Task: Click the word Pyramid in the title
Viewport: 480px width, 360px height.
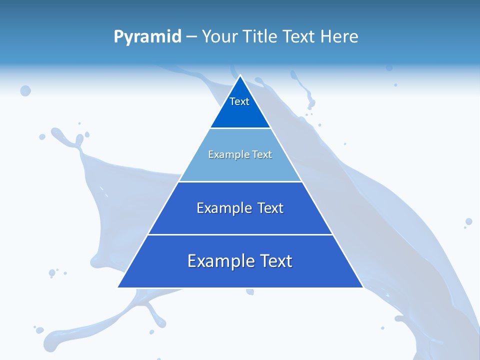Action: (x=147, y=37)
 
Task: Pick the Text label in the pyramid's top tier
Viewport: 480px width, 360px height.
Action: (x=239, y=102)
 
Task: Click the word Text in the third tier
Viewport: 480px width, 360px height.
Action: (x=270, y=208)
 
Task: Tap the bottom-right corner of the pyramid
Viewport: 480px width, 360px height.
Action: (x=362, y=287)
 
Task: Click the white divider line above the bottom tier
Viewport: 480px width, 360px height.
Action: (x=240, y=234)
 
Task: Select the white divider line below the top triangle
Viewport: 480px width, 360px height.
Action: (x=240, y=128)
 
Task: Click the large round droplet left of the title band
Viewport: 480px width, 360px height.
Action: (x=25, y=90)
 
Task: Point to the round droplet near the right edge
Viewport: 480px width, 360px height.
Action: (x=468, y=221)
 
